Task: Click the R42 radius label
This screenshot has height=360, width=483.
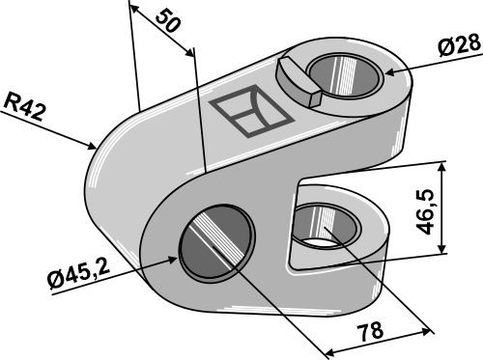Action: [25, 103]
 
